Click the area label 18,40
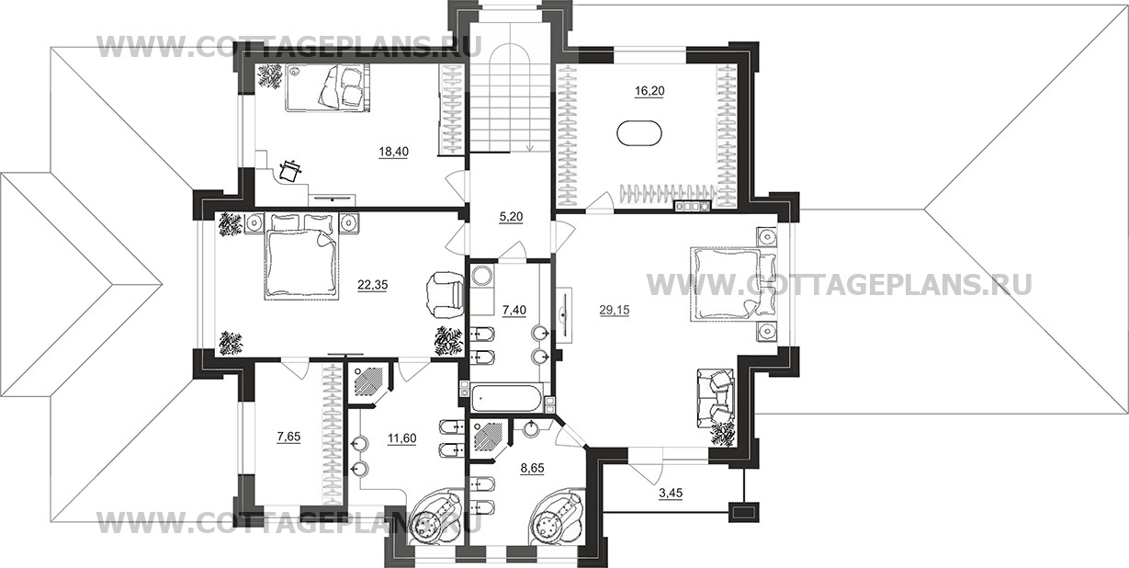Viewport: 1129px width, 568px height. click(x=394, y=152)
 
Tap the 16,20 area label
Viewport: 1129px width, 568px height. click(x=649, y=91)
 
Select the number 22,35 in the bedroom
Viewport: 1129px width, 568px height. click(x=373, y=285)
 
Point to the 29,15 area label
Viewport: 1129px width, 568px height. click(x=615, y=311)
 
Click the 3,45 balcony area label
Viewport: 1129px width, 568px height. click(x=671, y=493)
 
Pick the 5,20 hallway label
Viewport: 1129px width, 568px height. click(x=511, y=217)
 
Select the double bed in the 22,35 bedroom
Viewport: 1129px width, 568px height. click(x=302, y=256)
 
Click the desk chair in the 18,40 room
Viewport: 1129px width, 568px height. click(x=289, y=171)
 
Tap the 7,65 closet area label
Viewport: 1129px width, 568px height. click(x=288, y=437)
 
